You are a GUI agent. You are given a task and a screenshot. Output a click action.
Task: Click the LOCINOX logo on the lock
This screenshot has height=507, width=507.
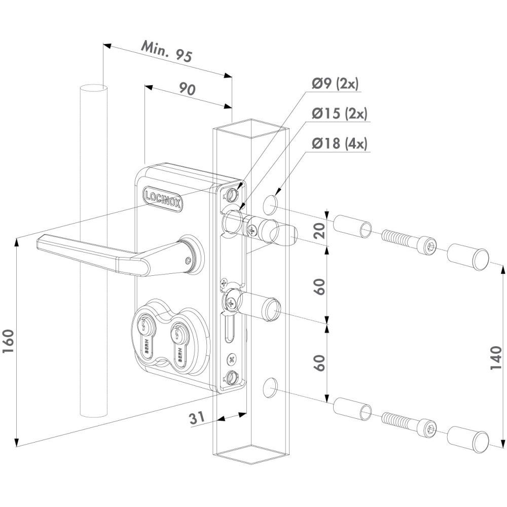coord(163,199)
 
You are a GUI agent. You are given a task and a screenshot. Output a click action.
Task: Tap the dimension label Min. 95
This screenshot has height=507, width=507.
coord(167,51)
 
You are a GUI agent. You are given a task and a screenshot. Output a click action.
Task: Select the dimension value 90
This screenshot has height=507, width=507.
coord(188,89)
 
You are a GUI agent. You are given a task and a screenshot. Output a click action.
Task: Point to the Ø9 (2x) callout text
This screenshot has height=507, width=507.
coord(335,84)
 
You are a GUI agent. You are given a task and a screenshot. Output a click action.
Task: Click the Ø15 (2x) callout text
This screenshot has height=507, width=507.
coord(340,114)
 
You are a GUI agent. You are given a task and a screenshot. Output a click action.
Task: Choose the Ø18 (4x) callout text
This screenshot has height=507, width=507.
coord(340,143)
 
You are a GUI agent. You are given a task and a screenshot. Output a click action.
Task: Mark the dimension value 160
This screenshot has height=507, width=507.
coord(9,342)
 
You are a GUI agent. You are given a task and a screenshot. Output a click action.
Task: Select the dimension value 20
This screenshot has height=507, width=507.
coord(320,230)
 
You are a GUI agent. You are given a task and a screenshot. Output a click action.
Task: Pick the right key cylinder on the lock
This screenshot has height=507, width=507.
coord(179,345)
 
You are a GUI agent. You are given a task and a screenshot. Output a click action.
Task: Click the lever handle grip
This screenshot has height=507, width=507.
coord(94,255)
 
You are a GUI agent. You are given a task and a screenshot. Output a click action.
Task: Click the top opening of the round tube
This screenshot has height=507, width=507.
coord(94,87)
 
